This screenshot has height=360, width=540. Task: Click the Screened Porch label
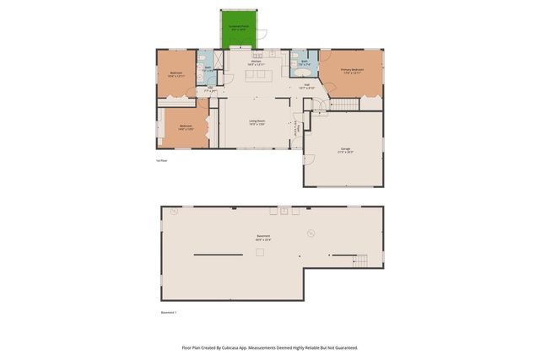coord(240,28)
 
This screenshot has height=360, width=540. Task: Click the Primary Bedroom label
coord(352,72)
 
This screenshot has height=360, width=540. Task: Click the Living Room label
coord(256,122)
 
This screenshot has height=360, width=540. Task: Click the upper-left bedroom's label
coord(175,74)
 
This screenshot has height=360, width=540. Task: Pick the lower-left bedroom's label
coord(186,128)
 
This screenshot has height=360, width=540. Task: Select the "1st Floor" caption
coord(162,159)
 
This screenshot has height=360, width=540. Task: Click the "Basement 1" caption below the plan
coord(169,313)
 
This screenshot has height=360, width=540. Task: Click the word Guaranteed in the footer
coord(344,347)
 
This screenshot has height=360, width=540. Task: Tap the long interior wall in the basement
coord(219,255)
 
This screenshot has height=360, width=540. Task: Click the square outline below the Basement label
coord(261,252)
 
